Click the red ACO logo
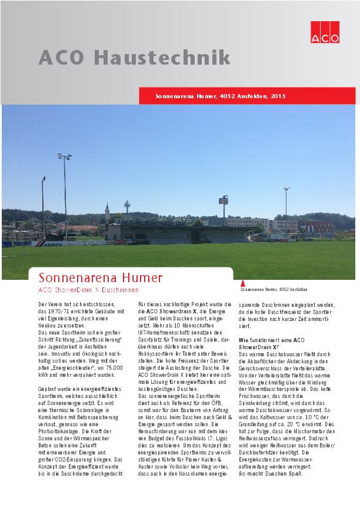(325, 32)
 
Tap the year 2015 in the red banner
(278, 95)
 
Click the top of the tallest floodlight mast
(65, 156)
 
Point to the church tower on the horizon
(107, 211)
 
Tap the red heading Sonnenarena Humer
(100, 277)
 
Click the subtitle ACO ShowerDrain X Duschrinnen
(88, 290)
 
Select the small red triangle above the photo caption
(243, 283)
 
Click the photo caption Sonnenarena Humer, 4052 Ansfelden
(274, 290)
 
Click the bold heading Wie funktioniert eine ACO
(271, 340)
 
